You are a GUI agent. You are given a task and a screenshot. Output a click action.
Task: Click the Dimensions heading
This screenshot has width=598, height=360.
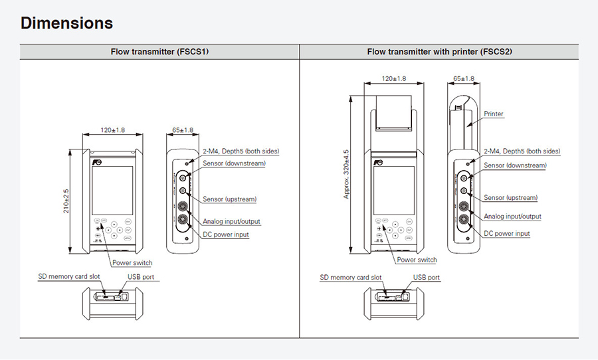point(66,23)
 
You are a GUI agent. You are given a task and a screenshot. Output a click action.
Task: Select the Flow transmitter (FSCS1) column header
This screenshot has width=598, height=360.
point(159,52)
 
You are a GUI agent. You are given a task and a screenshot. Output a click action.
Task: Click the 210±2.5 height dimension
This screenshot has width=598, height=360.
point(66,201)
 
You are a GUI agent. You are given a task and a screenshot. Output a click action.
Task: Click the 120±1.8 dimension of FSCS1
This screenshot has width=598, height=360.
point(112,130)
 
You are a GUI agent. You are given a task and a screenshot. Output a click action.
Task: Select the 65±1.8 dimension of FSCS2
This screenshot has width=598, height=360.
point(463,79)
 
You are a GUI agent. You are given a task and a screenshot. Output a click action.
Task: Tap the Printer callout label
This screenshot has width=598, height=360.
point(494,114)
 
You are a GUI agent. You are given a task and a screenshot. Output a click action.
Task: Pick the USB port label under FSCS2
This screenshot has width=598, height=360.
point(427,278)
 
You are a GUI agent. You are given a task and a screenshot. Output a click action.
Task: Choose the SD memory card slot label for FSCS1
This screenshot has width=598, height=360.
point(69,275)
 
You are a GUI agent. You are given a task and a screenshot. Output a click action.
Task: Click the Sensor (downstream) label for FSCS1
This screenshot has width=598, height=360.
point(235,163)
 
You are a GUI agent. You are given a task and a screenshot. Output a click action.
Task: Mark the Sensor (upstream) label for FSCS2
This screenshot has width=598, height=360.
point(510,198)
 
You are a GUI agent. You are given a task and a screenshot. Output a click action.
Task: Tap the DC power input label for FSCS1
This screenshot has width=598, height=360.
point(226,234)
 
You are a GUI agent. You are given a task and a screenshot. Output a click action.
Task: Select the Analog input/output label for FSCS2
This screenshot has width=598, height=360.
point(512,217)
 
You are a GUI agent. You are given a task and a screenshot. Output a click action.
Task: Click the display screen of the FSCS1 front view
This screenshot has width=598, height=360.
point(112,191)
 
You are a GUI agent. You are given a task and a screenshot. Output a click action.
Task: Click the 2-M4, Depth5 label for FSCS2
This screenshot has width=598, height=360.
point(522,151)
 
